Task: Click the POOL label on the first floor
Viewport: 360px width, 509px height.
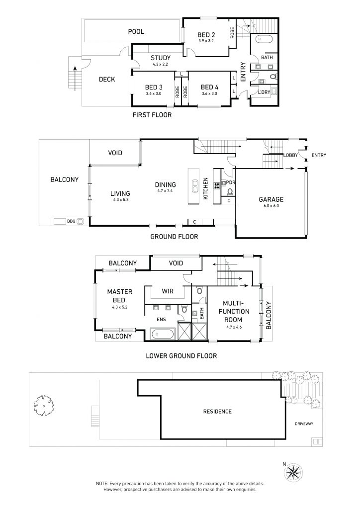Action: (x=136, y=31)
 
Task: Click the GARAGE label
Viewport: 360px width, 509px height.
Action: (x=271, y=199)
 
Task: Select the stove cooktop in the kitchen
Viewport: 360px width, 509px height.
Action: (x=217, y=186)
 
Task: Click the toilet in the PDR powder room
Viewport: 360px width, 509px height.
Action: (x=231, y=191)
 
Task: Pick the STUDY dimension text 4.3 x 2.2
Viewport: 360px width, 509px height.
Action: (x=161, y=64)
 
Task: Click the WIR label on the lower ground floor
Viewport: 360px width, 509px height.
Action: (x=168, y=291)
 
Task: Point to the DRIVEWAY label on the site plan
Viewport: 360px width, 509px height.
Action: (x=304, y=424)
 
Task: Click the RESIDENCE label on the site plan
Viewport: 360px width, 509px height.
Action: (x=217, y=412)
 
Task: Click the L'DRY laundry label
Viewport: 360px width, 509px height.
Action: (x=264, y=92)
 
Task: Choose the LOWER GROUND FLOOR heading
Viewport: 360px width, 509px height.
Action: (x=181, y=356)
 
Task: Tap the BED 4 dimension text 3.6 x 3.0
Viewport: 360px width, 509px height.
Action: (x=209, y=93)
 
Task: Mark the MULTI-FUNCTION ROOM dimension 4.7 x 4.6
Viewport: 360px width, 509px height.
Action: (x=234, y=327)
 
